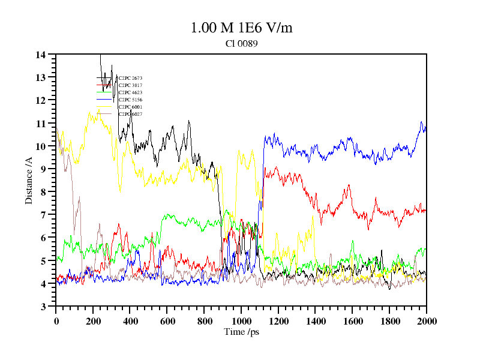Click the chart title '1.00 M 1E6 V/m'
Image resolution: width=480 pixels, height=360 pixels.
point(241,28)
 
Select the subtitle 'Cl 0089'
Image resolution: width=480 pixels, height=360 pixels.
point(242,43)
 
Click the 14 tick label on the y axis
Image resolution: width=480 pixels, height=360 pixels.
point(41,55)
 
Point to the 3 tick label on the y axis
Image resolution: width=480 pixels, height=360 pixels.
point(43,307)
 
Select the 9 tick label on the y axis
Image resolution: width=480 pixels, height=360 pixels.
point(43,169)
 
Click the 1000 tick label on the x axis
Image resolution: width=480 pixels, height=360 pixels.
point(241,322)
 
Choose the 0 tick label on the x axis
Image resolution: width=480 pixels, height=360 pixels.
point(56,322)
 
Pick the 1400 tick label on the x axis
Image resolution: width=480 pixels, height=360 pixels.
point(316,322)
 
